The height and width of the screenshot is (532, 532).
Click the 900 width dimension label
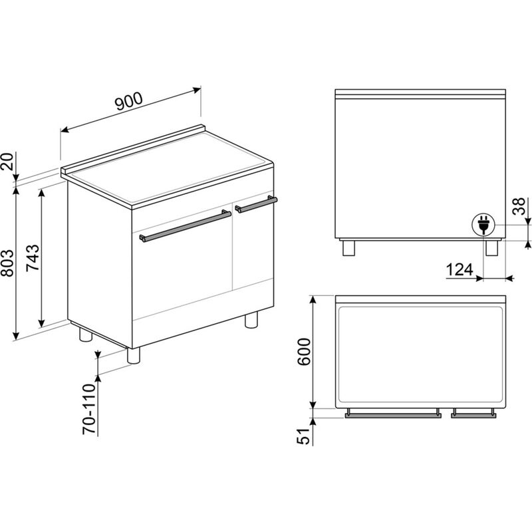coord(128,100)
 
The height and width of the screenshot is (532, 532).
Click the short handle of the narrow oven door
coord(255,204)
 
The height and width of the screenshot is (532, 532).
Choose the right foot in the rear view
coord(492,247)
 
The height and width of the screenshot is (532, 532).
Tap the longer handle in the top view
coord(392,414)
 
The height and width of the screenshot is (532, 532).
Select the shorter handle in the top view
coord(473,414)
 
